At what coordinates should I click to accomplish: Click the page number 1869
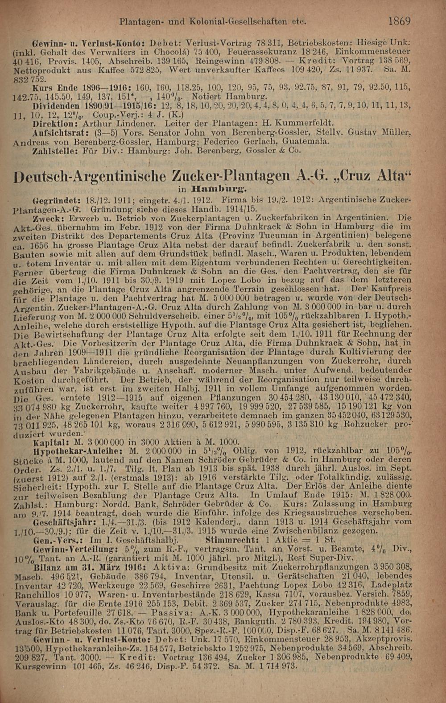point(399,21)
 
